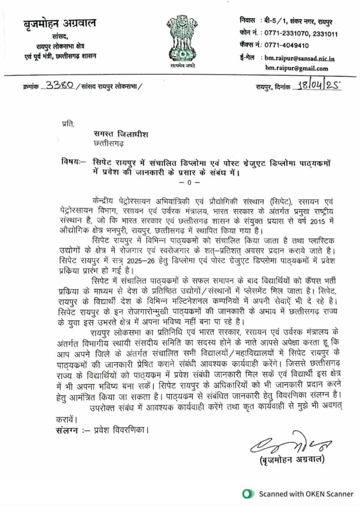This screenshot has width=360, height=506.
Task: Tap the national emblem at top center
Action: click(x=181, y=37)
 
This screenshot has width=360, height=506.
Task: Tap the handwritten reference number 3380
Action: click(x=59, y=86)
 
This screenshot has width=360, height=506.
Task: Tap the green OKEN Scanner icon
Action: click(x=247, y=494)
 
